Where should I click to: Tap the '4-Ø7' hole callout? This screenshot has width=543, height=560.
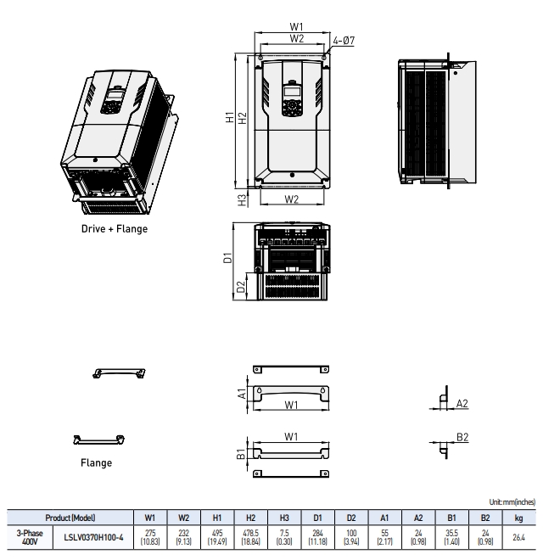point(344,40)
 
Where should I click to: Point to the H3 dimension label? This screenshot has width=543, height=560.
point(243,199)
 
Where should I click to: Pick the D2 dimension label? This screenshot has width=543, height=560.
point(240,285)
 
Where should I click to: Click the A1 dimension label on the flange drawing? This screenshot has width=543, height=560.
point(242,394)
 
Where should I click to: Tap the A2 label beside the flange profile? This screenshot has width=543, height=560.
point(462,404)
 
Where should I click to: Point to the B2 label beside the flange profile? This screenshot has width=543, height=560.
point(462,437)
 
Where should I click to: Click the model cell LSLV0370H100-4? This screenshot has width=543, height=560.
point(93,536)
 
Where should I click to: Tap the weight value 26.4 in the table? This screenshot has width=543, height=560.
point(518,536)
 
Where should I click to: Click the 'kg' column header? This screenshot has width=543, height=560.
point(518,517)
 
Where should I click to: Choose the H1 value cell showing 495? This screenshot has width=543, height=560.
point(217,536)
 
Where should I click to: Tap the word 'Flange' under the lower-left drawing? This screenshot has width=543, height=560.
point(96,462)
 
